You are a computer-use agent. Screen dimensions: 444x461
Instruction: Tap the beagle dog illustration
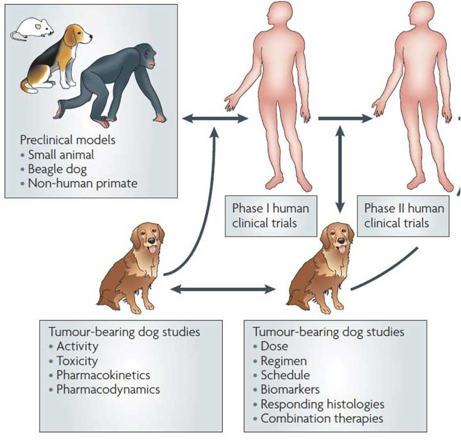tap(54, 58)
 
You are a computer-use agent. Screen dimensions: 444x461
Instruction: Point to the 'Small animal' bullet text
tap(61, 154)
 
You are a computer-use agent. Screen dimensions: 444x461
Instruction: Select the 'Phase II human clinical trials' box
tap(404, 216)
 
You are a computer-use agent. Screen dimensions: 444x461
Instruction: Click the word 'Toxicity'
tap(77, 361)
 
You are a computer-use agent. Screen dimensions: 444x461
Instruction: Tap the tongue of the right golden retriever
tap(342, 251)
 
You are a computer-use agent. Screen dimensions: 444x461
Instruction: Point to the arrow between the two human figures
tap(345, 119)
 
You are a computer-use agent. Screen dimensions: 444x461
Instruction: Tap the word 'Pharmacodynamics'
tap(108, 389)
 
